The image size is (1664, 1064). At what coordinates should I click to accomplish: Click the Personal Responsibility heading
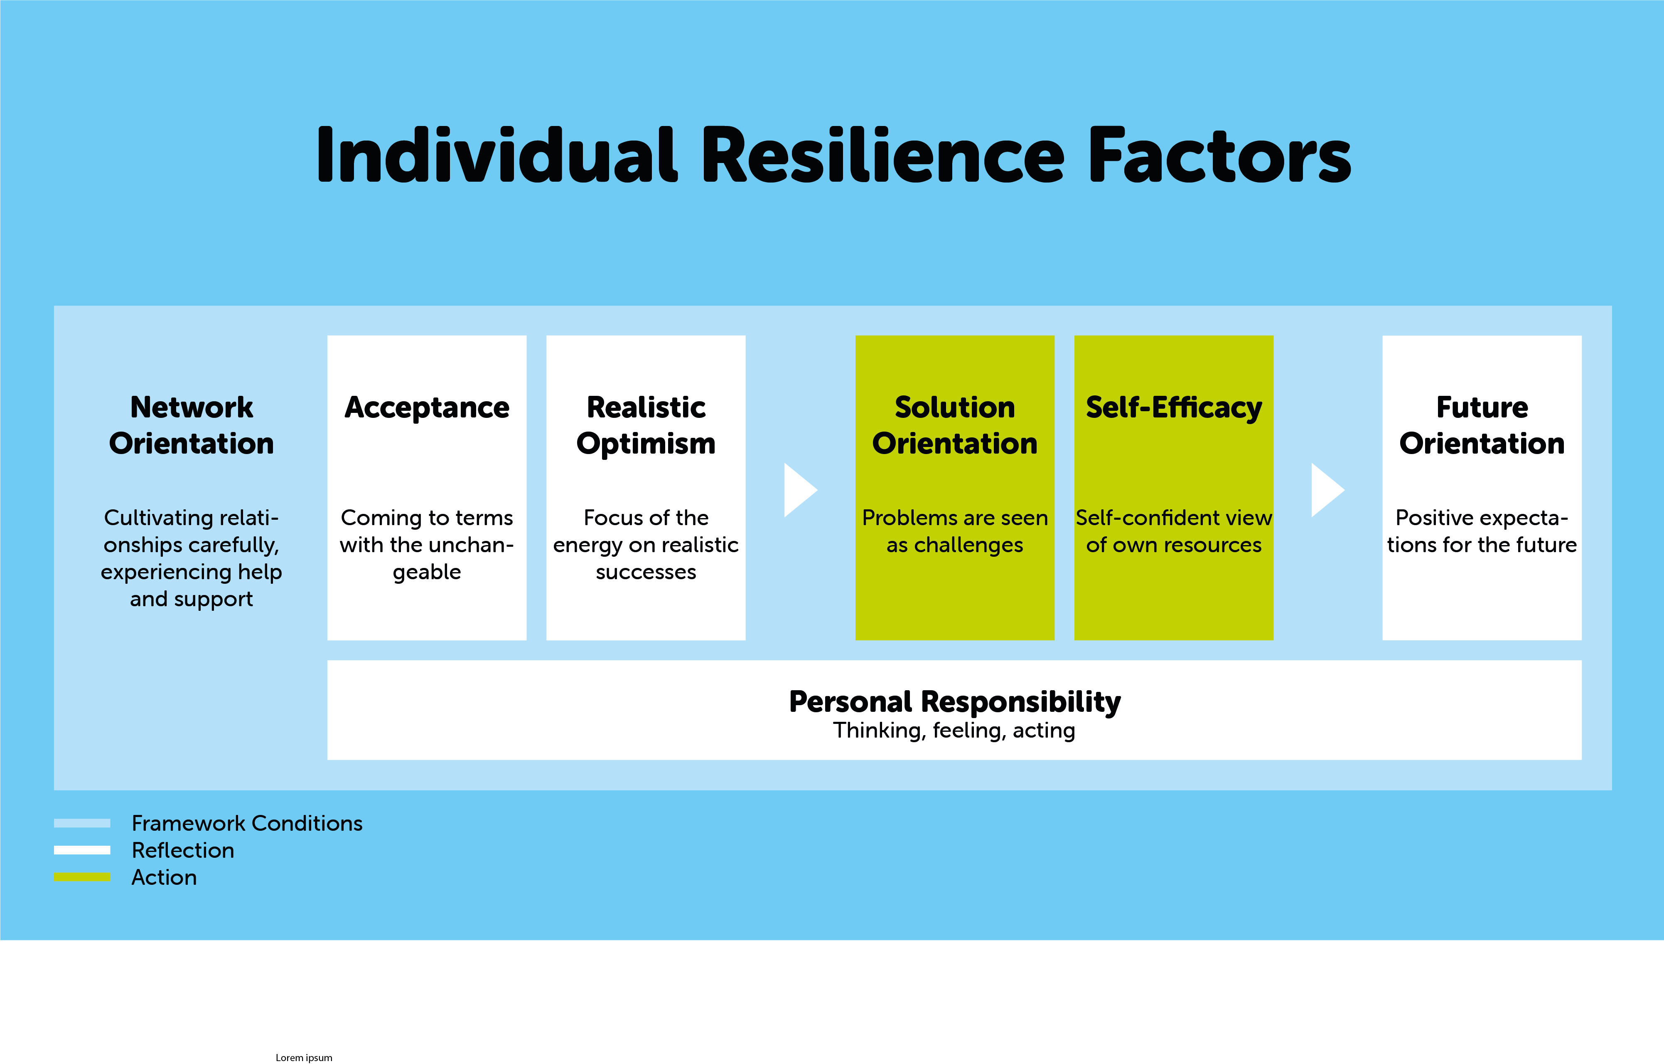coord(955,702)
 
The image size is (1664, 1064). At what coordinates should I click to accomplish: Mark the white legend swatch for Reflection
coord(82,850)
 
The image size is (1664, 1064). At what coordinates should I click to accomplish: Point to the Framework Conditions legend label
coord(247,823)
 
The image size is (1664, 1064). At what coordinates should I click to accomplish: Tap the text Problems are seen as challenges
coord(955,531)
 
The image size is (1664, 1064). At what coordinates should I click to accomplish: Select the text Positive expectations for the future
coord(1482,531)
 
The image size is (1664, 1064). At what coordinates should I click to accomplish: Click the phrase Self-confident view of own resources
coord(1174,531)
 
